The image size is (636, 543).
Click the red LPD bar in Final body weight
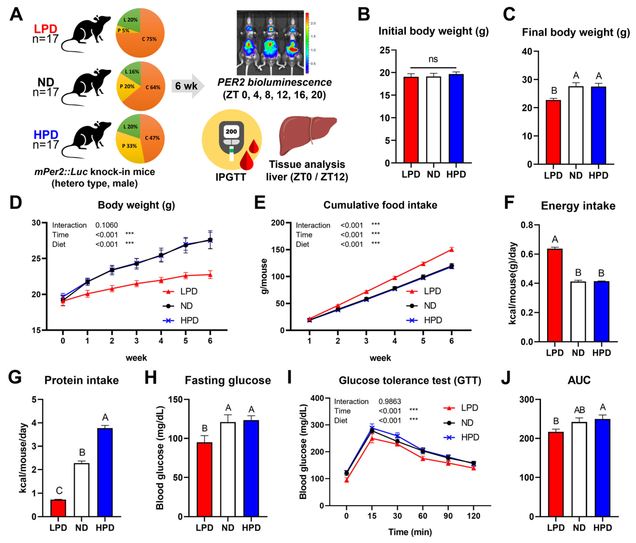pos(553,132)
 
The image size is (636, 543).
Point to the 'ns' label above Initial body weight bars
pos(433,59)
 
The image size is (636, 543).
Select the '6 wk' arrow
pos(187,86)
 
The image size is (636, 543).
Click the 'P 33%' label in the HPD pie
pos(129,146)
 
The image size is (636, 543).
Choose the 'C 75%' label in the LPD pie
pos(149,39)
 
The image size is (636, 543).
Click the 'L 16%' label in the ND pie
pos(132,72)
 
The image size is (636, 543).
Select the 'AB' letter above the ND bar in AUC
pos(579,410)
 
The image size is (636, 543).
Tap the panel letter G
pos(15,378)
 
